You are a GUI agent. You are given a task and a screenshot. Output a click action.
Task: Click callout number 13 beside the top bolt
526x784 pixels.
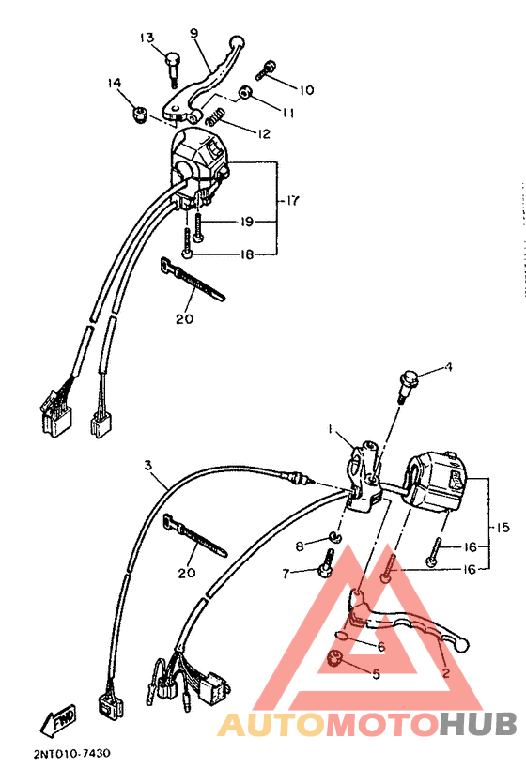click(147, 38)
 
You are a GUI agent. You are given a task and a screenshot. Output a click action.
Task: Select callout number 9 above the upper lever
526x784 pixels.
click(194, 33)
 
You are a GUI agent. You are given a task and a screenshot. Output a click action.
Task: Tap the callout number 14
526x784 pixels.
click(115, 84)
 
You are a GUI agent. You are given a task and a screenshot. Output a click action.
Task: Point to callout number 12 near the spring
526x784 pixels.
click(262, 134)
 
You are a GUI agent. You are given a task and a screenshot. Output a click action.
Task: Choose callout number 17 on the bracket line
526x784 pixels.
click(292, 200)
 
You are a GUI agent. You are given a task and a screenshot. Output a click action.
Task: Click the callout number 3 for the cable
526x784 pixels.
click(147, 465)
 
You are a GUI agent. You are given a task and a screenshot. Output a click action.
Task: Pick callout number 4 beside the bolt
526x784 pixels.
click(448, 367)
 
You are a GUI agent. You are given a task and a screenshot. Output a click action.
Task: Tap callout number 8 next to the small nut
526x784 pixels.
click(300, 546)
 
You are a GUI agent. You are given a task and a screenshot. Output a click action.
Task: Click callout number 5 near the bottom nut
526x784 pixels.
click(377, 673)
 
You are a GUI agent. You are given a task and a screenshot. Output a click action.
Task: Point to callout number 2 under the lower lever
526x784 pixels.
click(445, 673)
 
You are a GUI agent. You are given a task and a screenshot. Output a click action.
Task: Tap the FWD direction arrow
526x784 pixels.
click(58, 721)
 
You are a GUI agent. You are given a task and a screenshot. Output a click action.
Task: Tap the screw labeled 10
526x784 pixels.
click(266, 68)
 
